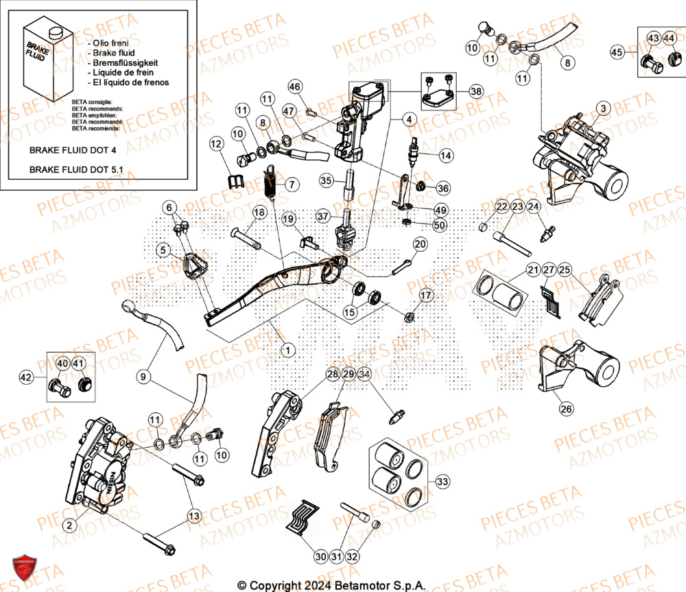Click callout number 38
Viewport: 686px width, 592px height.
tap(476, 91)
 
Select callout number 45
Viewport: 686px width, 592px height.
tap(617, 52)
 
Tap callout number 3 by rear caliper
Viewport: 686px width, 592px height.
tap(602, 108)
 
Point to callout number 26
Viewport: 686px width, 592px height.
tap(566, 410)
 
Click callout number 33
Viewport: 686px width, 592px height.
tap(443, 482)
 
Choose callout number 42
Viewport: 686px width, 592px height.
tap(26, 377)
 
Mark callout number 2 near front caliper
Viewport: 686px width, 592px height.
tap(69, 526)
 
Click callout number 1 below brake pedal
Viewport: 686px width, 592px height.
tap(287, 350)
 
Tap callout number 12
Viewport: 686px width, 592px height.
tap(216, 144)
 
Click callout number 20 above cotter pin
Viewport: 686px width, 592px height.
tap(420, 244)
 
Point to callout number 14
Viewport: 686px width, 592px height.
tap(445, 156)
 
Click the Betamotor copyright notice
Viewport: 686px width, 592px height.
tap(331, 585)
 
